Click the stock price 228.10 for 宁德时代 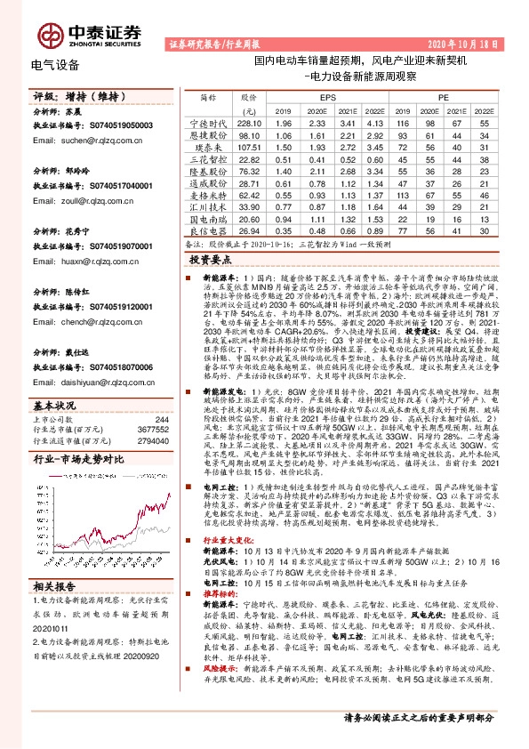click(x=249, y=122)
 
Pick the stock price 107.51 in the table click(x=249, y=146)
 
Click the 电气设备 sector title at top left click(x=55, y=65)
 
